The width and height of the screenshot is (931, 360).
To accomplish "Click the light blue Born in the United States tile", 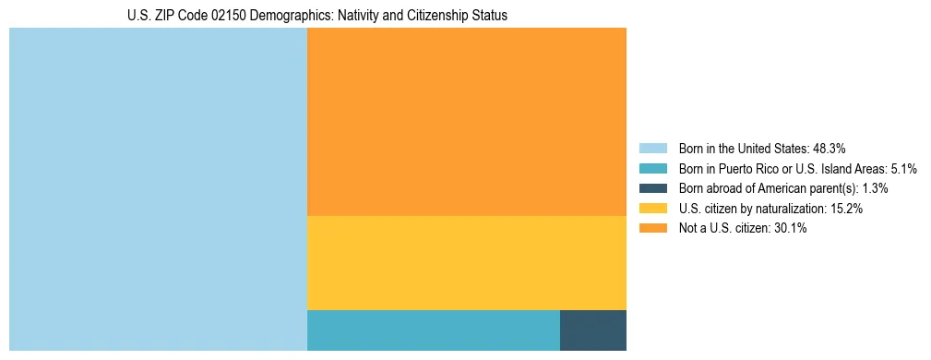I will (158, 189).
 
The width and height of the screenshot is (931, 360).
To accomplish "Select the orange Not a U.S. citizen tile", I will (466, 122).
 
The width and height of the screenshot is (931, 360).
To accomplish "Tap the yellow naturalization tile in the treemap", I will (466, 263).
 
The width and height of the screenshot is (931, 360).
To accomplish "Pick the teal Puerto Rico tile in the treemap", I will (433, 330).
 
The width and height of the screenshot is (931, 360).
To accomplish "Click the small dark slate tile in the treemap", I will (592, 330).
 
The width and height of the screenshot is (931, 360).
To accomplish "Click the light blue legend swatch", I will (652, 149).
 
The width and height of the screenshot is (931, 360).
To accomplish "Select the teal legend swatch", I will (652, 169).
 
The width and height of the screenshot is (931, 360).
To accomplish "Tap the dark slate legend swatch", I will (652, 188).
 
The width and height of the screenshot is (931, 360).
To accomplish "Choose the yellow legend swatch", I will (652, 209).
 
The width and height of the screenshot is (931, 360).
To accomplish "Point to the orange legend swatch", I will (652, 229).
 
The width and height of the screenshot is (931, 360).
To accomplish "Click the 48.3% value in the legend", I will (829, 149).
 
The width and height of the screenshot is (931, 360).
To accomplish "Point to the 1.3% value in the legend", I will (875, 188).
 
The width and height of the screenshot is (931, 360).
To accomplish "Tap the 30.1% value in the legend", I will (790, 229).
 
